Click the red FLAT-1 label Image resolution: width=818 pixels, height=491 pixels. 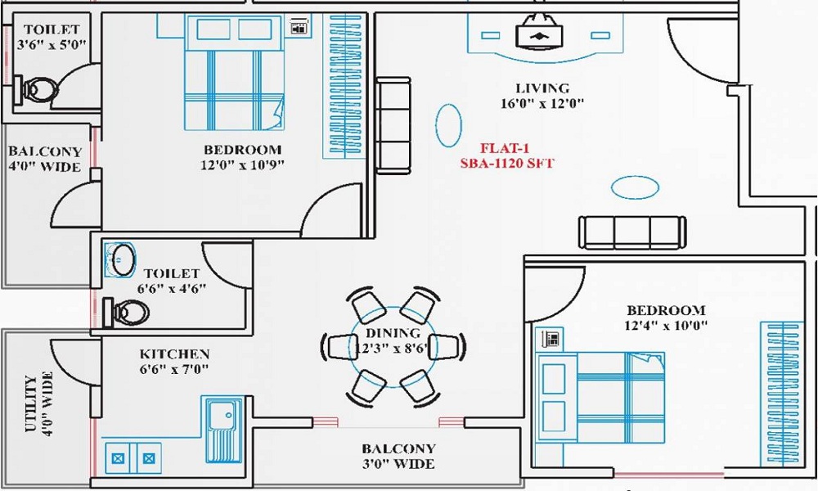(x=506, y=149)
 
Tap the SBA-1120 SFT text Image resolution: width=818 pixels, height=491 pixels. (x=506, y=164)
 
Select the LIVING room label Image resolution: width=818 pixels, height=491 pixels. (x=542, y=88)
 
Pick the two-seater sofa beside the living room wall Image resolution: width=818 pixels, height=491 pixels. (x=393, y=125)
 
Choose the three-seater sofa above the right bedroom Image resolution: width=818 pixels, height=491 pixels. (x=632, y=232)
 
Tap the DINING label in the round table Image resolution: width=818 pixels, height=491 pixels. (x=393, y=333)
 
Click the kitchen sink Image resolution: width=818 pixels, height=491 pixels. (x=223, y=430)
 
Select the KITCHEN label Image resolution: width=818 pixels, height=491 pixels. (x=174, y=354)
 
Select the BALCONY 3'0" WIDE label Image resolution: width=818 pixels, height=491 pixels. (x=398, y=457)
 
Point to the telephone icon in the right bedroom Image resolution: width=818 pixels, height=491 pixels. (x=551, y=337)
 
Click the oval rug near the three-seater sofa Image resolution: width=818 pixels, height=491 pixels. (x=635, y=187)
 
